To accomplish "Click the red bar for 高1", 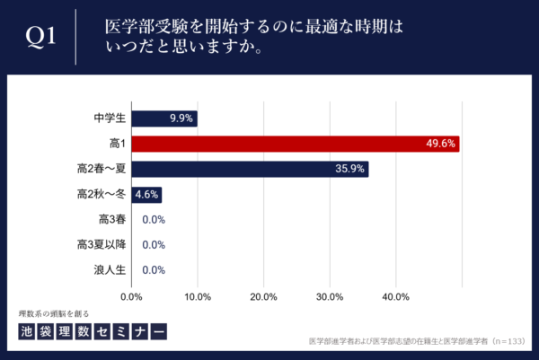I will [296, 144].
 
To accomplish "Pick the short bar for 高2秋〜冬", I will [146, 194].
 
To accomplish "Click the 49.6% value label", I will [442, 144].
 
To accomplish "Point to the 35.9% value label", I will [349, 169].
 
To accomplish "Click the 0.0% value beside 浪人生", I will [154, 269].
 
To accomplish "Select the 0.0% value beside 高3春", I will [154, 219].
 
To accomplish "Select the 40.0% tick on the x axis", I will [395, 296].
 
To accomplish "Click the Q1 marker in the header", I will [40, 37].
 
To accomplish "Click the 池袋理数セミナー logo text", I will [93, 331].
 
